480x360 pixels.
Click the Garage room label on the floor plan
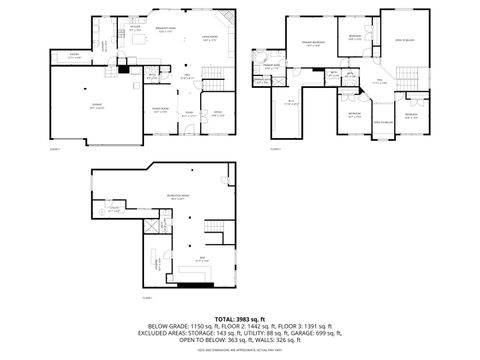(x=69, y=106)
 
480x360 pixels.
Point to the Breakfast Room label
(x=166, y=29)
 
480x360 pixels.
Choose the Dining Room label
(x=160, y=111)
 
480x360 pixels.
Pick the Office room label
(x=217, y=113)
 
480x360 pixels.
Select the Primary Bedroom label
(x=312, y=42)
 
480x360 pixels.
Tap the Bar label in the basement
(x=203, y=260)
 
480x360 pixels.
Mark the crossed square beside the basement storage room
(x=152, y=228)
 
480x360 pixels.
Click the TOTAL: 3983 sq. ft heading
(x=239, y=317)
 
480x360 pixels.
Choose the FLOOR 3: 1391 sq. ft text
(x=301, y=326)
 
